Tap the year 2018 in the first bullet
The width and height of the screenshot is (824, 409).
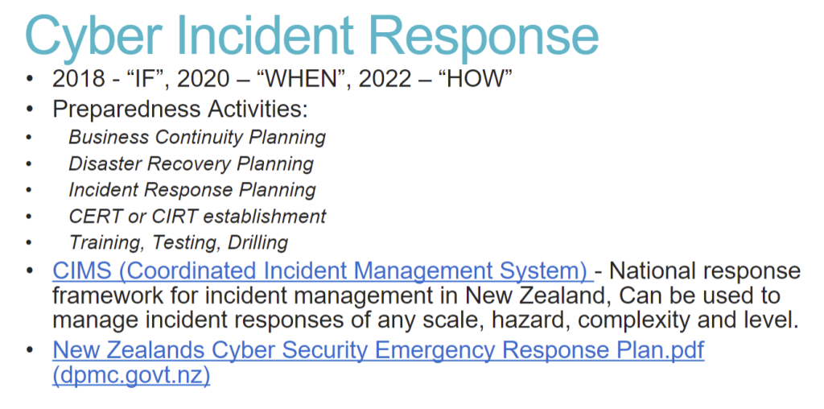tap(79, 80)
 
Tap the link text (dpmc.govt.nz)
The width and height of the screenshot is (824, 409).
tap(131, 377)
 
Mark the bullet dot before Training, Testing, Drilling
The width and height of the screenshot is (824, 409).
tap(29, 243)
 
